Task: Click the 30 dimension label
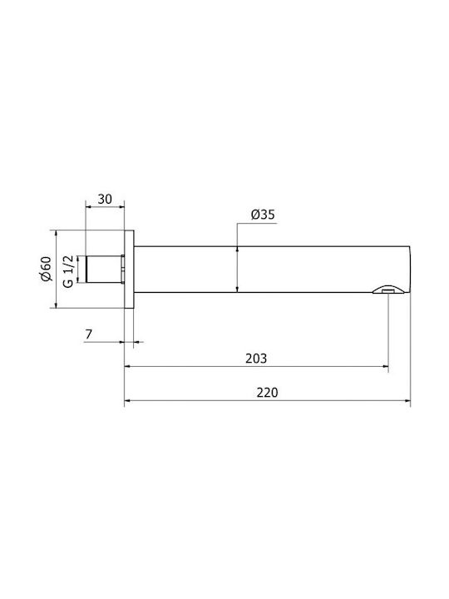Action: pos(105,199)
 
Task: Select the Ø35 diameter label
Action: pos(263,215)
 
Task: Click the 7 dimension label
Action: pos(89,334)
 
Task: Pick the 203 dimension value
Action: pos(256,359)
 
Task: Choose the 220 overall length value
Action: pos(267,393)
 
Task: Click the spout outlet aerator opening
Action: pos(388,291)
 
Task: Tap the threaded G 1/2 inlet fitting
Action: pos(105,269)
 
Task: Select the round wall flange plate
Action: pos(129,269)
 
